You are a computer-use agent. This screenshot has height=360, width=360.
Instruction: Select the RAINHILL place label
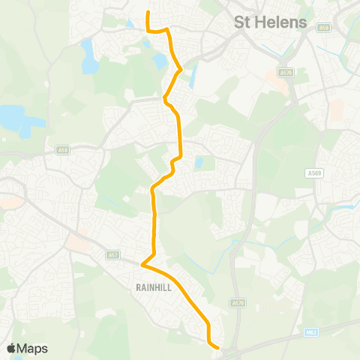pyautogui.click(x=155, y=286)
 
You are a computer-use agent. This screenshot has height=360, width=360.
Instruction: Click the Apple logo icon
pyautogui.click(x=11, y=348)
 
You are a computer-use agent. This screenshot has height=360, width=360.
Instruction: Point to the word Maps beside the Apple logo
pyautogui.click(x=32, y=348)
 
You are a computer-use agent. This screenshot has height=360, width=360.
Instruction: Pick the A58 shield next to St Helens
pyautogui.click(x=324, y=28)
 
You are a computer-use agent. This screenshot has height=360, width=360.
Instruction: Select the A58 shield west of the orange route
pyautogui.click(x=62, y=150)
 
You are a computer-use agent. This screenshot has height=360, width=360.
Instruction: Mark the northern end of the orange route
pyautogui.click(x=148, y=13)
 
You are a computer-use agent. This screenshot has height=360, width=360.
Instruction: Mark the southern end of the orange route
pyautogui.click(x=217, y=347)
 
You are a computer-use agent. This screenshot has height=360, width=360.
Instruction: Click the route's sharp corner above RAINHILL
pyautogui.click(x=142, y=262)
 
